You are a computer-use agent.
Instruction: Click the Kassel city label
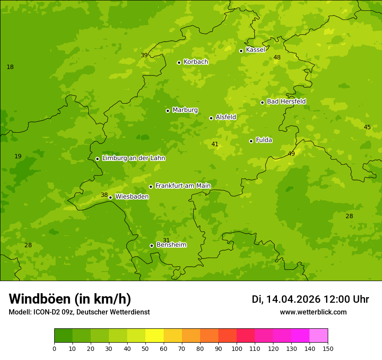point(255,50)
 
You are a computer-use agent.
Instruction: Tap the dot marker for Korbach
point(179,62)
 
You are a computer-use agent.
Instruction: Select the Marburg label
point(185,110)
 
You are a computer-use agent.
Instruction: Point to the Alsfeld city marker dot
point(211,118)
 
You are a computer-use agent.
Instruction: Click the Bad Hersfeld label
point(286,101)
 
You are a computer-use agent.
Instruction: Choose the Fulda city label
point(264,140)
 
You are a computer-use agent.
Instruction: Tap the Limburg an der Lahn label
point(133,158)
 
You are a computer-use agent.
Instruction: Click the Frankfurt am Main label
point(183,186)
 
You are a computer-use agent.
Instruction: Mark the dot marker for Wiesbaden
point(110,197)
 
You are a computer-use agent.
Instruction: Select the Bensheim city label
point(171,245)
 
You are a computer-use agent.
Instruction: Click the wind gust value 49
point(291,154)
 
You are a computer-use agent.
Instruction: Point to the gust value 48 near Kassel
point(277,58)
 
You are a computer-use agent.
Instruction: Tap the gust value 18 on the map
point(10,67)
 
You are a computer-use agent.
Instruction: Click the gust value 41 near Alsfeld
point(215,144)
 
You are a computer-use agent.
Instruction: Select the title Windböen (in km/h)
point(70,299)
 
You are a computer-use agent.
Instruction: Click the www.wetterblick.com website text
point(313,312)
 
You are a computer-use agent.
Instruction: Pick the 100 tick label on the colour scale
point(237,349)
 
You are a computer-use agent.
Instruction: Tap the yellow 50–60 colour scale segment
point(155,336)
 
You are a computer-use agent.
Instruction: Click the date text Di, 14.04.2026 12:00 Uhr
point(310,299)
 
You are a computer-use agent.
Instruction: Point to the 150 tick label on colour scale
point(328,349)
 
